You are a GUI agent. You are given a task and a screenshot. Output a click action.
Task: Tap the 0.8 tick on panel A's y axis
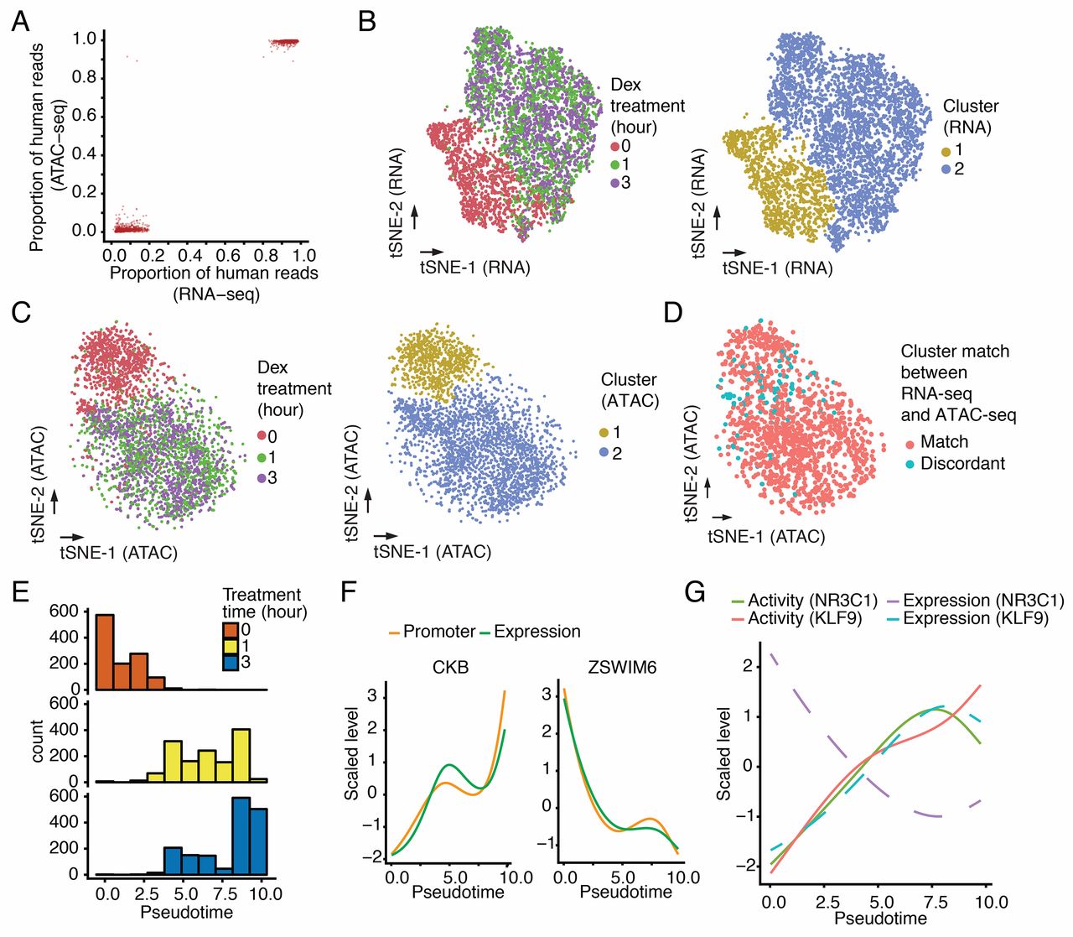point(85,78)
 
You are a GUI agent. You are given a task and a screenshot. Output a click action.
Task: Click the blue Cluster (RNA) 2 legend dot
point(946,169)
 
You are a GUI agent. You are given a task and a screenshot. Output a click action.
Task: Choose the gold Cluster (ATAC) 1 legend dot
point(605,432)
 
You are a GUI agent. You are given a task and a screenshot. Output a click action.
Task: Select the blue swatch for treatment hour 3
point(231,663)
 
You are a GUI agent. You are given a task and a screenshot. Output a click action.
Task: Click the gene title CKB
point(452,669)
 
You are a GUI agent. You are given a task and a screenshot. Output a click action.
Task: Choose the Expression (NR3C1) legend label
point(983,601)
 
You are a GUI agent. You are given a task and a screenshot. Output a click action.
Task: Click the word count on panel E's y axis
point(37,740)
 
